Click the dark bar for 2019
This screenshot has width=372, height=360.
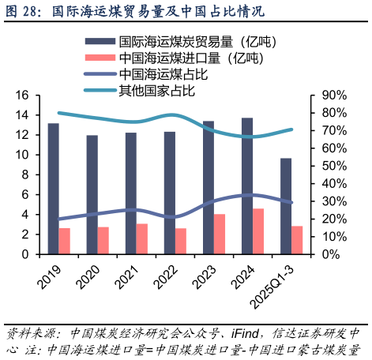coord(53,189)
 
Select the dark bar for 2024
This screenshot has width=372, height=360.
coord(247,186)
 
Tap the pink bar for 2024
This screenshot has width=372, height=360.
coord(258,231)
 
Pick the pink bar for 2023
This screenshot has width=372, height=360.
coord(220,234)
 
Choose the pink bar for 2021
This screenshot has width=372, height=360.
coord(142,239)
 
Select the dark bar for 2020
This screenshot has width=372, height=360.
coord(92,195)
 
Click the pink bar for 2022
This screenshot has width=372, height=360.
coord(181,242)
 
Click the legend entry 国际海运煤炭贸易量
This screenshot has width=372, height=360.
coord(186,41)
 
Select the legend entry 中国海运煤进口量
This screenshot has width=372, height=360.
coord(186,58)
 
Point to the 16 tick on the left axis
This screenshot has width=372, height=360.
coord(22,96)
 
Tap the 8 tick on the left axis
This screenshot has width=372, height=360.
coord(25,175)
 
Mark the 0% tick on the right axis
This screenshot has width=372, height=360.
coord(332,255)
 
